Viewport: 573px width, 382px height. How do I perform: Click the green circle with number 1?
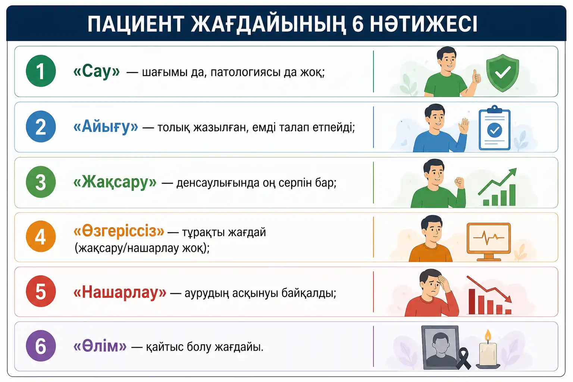pos(41,71)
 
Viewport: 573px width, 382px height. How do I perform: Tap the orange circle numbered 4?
pos(41,237)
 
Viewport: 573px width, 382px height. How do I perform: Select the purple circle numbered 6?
pos(41,346)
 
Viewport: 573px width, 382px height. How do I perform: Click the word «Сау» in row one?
pos(97,71)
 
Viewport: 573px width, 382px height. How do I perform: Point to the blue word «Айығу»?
pos(106,127)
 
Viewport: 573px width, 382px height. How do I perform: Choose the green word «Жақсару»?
pos(115,182)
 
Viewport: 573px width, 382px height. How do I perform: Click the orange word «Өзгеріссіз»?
pos(119,231)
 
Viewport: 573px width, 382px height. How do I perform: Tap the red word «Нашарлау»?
pos(120,292)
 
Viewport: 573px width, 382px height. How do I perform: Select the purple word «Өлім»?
pos(100,346)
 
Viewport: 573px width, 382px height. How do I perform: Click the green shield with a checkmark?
pos(502,73)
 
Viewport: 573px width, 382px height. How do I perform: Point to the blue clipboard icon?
pos(494,128)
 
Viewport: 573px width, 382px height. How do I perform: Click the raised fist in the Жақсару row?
pos(460,183)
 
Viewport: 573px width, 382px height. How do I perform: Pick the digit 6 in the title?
pos(358,24)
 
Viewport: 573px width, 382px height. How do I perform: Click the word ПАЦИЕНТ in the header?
pos(136,24)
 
